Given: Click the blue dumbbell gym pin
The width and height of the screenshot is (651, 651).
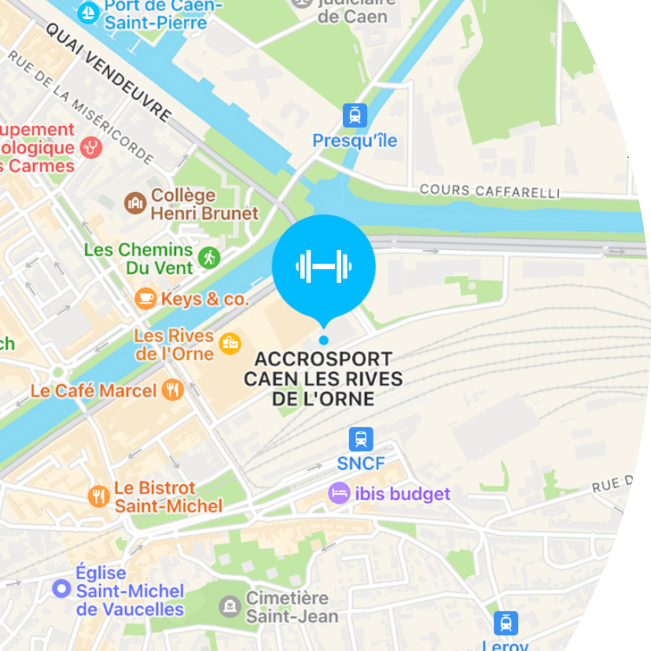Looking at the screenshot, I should click(x=323, y=266).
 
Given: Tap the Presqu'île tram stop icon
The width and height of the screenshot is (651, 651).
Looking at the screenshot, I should click(x=355, y=116).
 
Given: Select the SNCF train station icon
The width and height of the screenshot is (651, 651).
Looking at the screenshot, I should click(x=361, y=439).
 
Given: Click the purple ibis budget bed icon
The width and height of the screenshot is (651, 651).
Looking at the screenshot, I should click(x=339, y=493).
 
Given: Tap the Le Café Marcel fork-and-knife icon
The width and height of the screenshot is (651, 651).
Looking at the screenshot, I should click(x=172, y=389).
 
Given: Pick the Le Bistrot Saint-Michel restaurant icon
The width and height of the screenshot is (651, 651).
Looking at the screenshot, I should click(x=98, y=496).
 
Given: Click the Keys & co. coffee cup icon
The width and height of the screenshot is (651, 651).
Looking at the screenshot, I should click(x=145, y=298).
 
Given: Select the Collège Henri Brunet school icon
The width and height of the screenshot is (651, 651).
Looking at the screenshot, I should click(x=135, y=203).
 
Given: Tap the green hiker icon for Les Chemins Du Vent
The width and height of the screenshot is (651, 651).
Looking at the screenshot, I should click(x=209, y=257).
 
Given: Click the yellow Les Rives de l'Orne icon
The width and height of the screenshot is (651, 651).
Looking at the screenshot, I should click(x=230, y=344).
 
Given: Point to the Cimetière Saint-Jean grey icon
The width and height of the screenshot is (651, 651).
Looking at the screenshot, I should click(x=230, y=606).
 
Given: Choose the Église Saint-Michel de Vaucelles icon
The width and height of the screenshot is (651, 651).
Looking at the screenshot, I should click(x=61, y=588).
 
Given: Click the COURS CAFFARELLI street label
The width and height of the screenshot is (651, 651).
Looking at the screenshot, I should click(x=489, y=191).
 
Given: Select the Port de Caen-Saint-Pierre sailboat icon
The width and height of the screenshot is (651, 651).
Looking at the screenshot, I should click(x=90, y=11).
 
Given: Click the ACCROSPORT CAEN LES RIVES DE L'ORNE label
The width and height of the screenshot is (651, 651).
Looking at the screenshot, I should click(x=323, y=379).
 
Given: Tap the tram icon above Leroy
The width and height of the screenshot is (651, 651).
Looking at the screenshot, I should click(x=506, y=623).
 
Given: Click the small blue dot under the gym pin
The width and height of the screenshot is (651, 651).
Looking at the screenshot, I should click(x=323, y=340).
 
